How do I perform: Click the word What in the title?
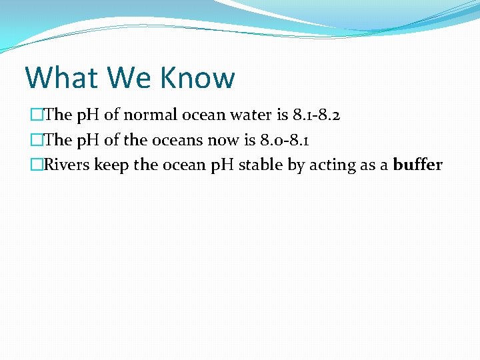pos(58,77)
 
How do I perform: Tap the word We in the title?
pos(120,77)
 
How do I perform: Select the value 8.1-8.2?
pos(317,115)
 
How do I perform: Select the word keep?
pos(112,165)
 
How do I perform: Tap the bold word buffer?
pos(417,165)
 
